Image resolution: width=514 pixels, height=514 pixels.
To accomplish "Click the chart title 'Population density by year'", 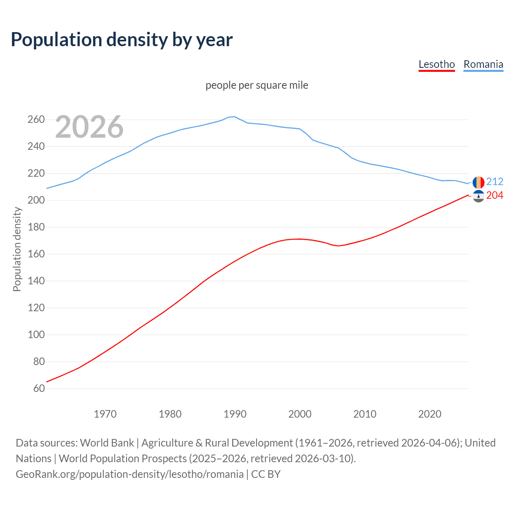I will click(x=122, y=40).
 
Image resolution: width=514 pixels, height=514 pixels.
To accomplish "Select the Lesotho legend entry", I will click(x=436, y=64).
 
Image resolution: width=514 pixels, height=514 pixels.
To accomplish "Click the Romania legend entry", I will click(x=483, y=64).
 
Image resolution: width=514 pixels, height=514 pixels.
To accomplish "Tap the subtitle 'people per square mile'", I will click(x=257, y=85).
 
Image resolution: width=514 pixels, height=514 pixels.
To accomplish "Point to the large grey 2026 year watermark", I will click(x=89, y=127).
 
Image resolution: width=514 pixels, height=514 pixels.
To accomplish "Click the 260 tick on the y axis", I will click(x=36, y=119).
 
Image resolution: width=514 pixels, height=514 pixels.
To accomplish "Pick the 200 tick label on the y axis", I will click(x=36, y=200).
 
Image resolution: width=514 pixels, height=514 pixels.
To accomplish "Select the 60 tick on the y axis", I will click(x=39, y=388).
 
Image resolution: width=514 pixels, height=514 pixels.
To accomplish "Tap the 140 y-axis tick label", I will click(x=36, y=281).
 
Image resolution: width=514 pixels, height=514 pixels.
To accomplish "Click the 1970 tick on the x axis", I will click(x=105, y=414).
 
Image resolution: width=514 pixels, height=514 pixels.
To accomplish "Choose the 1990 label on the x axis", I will click(x=235, y=414).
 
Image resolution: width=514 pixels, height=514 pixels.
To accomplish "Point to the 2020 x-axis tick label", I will click(x=430, y=414).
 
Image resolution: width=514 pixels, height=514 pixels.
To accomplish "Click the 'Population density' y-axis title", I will click(x=17, y=249).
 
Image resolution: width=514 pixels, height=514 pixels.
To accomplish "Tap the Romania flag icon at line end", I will click(x=478, y=182).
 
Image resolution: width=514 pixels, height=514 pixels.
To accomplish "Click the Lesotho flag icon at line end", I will click(x=478, y=196).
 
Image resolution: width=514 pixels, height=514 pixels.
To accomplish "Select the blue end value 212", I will click(x=495, y=182).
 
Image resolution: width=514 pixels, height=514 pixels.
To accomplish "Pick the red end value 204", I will click(x=495, y=195).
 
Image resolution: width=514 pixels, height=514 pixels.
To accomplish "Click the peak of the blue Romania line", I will click(x=234, y=116).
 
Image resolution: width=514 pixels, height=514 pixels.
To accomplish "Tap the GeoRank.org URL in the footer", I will click(x=130, y=474).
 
